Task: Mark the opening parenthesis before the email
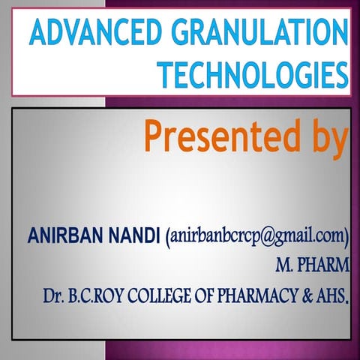(x=166, y=238)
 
